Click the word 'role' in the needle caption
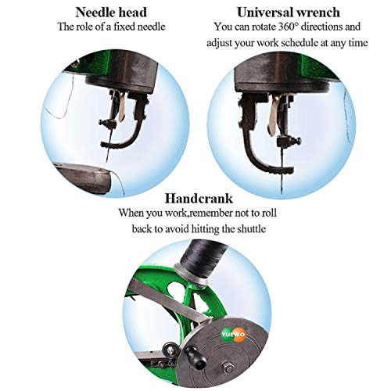[83, 27]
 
